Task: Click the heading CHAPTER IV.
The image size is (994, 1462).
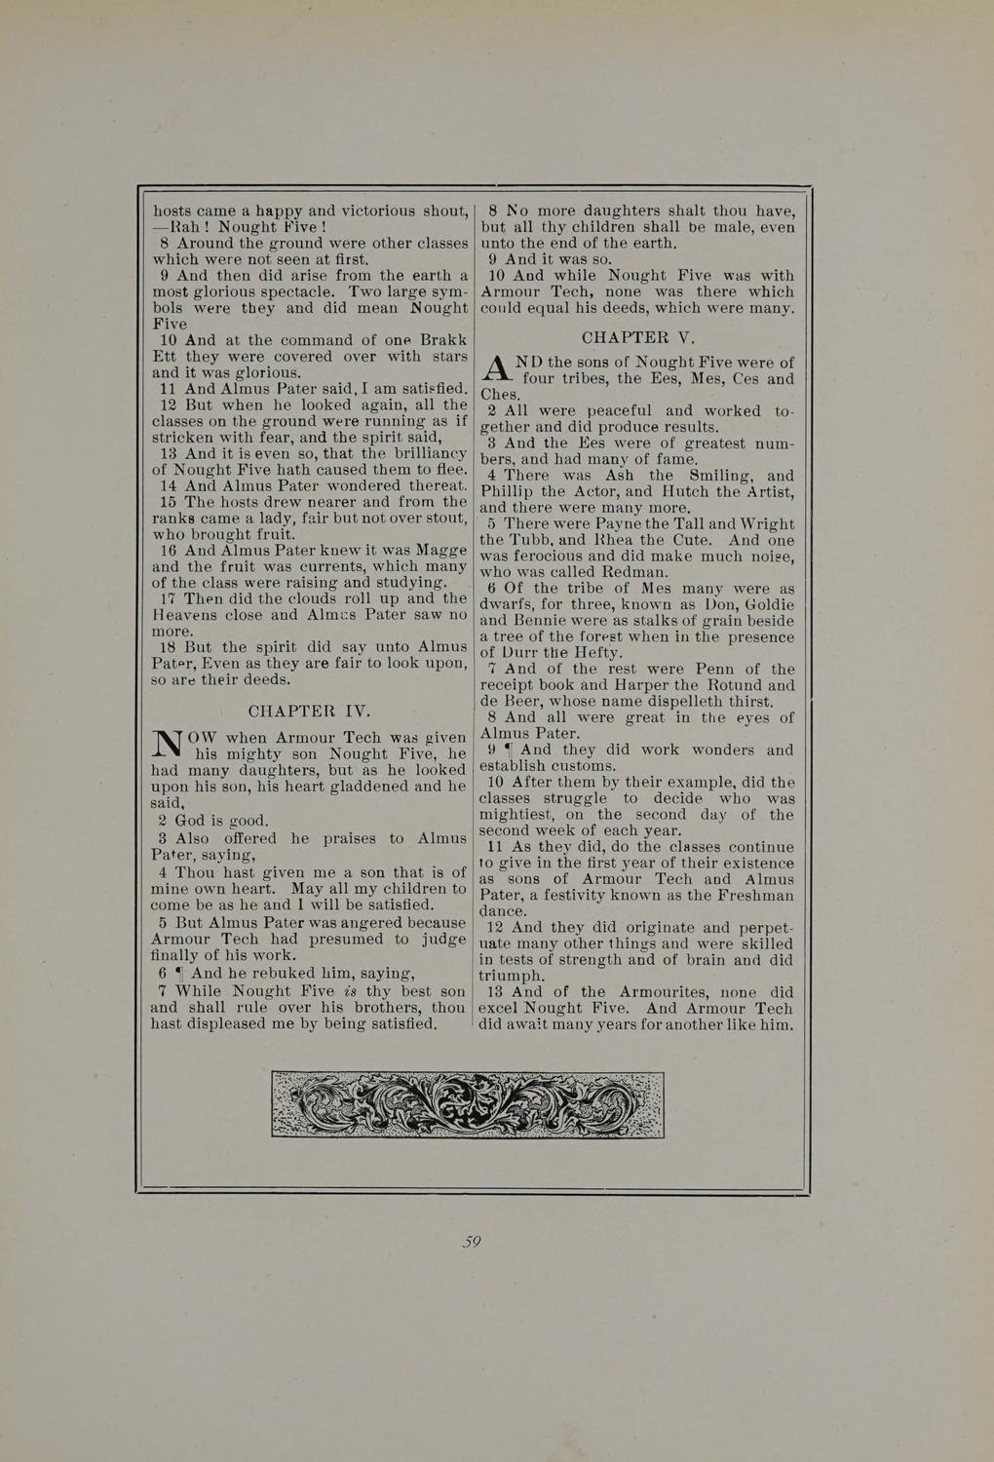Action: click(x=309, y=711)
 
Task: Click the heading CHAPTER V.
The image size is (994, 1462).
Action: click(x=637, y=338)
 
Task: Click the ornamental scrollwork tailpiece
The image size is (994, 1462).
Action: click(x=468, y=1103)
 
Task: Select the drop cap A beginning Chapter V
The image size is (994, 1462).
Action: click(x=498, y=370)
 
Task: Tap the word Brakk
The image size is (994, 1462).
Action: click(x=440, y=340)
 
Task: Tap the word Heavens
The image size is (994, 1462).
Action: click(x=185, y=615)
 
